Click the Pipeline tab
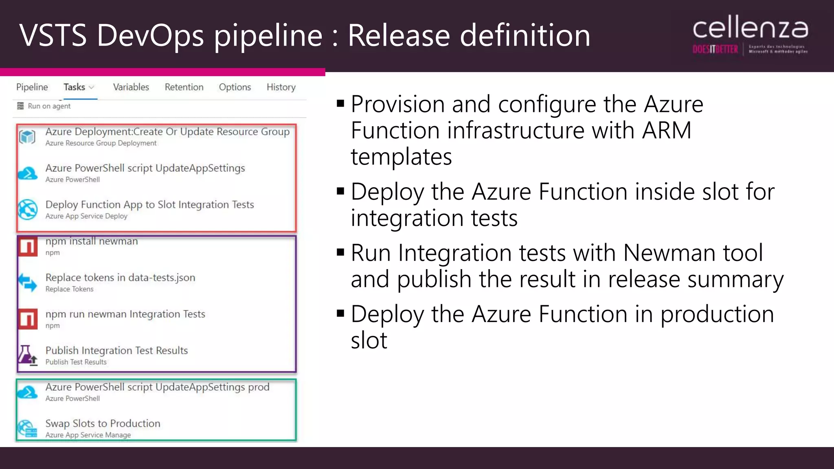pyautogui.click(x=32, y=87)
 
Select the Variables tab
pyautogui.click(x=131, y=87)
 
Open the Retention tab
pyautogui.click(x=184, y=87)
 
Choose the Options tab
pyautogui.click(x=235, y=87)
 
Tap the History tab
pyautogui.click(x=281, y=87)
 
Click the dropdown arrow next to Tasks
pyautogui.click(x=92, y=88)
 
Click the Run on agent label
pyautogui.click(x=49, y=106)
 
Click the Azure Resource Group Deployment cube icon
pyautogui.click(x=28, y=137)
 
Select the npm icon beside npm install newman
pyautogui.click(x=28, y=246)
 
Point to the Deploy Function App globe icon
pyautogui.click(x=28, y=209)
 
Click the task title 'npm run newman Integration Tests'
pyautogui.click(x=125, y=314)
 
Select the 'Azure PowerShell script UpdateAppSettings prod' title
pyautogui.click(x=157, y=387)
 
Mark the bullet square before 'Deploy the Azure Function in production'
pyautogui.click(x=341, y=313)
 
